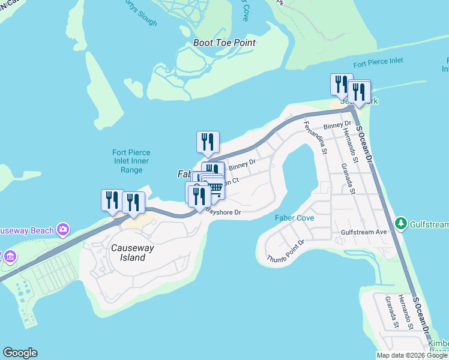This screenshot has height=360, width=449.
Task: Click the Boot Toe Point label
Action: click(224, 43)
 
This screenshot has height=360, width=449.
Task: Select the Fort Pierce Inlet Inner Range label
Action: click(131, 161)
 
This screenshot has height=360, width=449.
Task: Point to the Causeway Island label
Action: click(128, 253)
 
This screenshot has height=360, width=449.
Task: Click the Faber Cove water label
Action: click(294, 218)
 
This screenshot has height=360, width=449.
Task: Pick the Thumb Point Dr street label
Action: click(286, 253)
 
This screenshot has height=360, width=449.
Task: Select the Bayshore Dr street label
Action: click(223, 212)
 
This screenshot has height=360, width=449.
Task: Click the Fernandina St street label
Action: click(315, 139)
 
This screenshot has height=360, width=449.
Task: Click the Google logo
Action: click(20, 353)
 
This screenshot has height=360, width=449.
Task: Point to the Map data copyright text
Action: click(412, 355)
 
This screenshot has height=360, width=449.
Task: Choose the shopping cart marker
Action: click(214, 188)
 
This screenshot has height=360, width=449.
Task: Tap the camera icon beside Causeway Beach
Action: click(62, 229)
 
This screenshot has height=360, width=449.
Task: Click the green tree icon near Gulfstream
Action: click(401, 224)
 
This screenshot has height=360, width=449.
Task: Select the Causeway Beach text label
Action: click(27, 230)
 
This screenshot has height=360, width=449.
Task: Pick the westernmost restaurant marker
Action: click(112, 200)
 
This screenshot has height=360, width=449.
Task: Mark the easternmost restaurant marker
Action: click(359, 92)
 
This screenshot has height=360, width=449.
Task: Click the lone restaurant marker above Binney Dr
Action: click(208, 142)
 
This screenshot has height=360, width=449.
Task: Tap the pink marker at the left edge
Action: click(8, 257)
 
